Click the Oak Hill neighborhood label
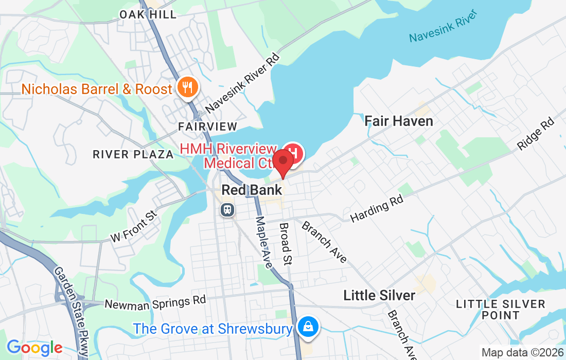[148, 14]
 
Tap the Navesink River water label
[440, 31]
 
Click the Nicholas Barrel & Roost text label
[97, 89]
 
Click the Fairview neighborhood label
[208, 127]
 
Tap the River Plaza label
[133, 154]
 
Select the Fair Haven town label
[399, 121]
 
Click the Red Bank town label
[252, 190]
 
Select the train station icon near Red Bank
[226, 209]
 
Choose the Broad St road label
[285, 244]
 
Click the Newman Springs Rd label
[155, 302]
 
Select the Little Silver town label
[379, 295]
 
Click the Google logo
[34, 348]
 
